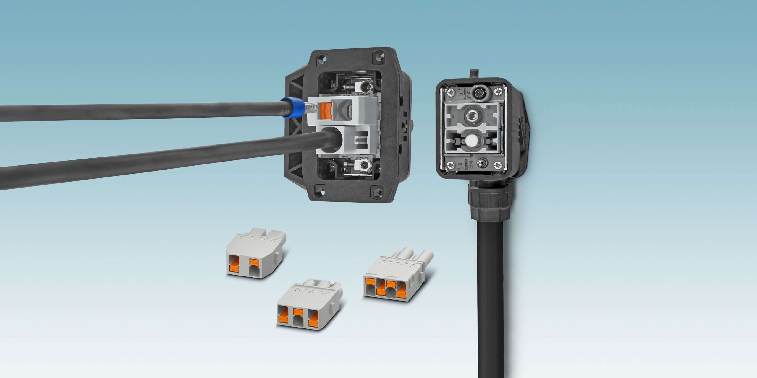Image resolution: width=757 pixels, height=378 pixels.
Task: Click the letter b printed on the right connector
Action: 460,94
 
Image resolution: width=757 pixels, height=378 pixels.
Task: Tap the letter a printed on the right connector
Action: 460,164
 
